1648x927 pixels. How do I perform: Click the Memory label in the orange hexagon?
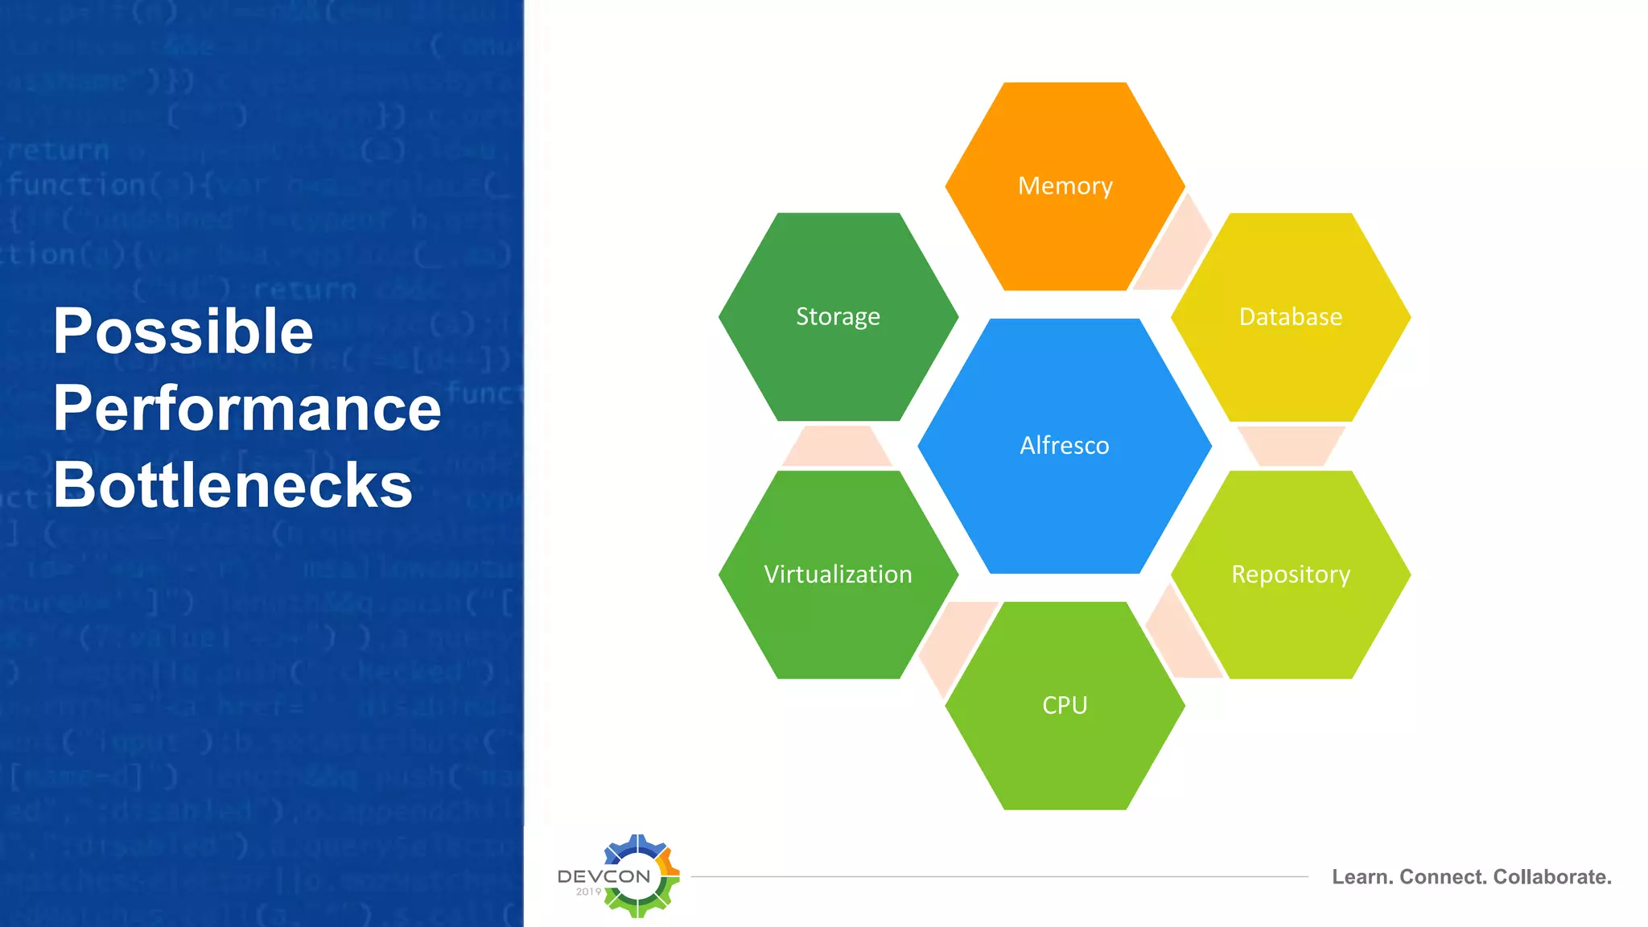point(1065,186)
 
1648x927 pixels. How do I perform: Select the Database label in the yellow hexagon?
point(1290,316)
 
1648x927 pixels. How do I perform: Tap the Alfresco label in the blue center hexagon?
point(1064,445)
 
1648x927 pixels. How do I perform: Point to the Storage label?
point(838,316)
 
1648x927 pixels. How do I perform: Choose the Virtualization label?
point(838,574)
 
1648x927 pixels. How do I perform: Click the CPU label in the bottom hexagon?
point(1065,705)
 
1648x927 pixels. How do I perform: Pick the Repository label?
point(1290,574)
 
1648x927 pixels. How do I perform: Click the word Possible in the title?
point(183,332)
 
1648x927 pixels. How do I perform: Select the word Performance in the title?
point(247,409)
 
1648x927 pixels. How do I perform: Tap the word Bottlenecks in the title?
point(233,485)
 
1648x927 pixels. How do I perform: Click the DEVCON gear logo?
point(636,875)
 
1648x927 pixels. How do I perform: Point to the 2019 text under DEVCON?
point(588,892)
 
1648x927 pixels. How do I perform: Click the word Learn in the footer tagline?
point(1362,877)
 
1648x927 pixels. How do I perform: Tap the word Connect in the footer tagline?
point(1444,877)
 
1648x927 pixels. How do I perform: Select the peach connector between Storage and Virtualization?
point(837,447)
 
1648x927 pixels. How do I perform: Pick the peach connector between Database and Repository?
point(1290,447)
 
